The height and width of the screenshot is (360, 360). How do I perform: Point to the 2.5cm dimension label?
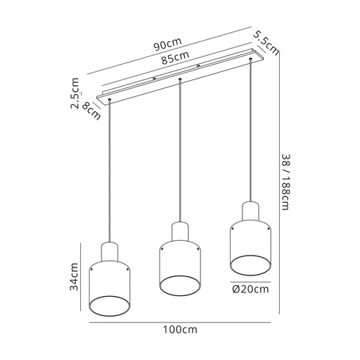pos(76,94)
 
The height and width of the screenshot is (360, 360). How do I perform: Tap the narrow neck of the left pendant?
pos(110,250)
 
